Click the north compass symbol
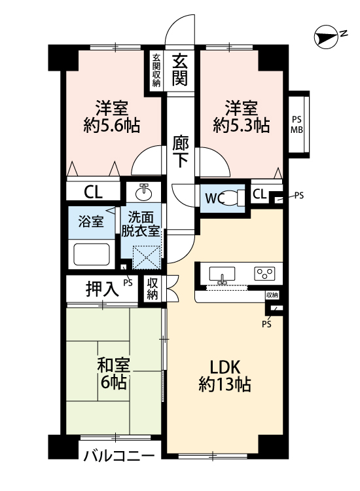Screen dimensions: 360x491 coord(326,37)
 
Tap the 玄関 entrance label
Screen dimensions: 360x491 coord(180,70)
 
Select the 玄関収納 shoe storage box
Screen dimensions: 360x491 coord(156,71)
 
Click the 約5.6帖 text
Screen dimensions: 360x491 coord(112,126)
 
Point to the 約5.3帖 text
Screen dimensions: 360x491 coord(242,126)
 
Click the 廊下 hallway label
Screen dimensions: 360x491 coord(180,152)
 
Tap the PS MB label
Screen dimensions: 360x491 coord(297,124)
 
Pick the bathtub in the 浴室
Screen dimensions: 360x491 coord(92,254)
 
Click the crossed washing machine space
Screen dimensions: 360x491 coord(147,257)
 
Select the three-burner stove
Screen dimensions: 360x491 coord(265,274)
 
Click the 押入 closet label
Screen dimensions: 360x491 coord(102,289)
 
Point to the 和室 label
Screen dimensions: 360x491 coord(113,365)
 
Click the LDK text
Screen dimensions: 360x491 coord(225,367)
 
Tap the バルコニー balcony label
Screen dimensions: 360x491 coord(119,456)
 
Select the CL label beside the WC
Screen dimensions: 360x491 coord(259,194)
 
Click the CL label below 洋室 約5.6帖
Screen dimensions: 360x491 coord(93,192)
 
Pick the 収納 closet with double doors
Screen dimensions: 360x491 coord(153,289)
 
